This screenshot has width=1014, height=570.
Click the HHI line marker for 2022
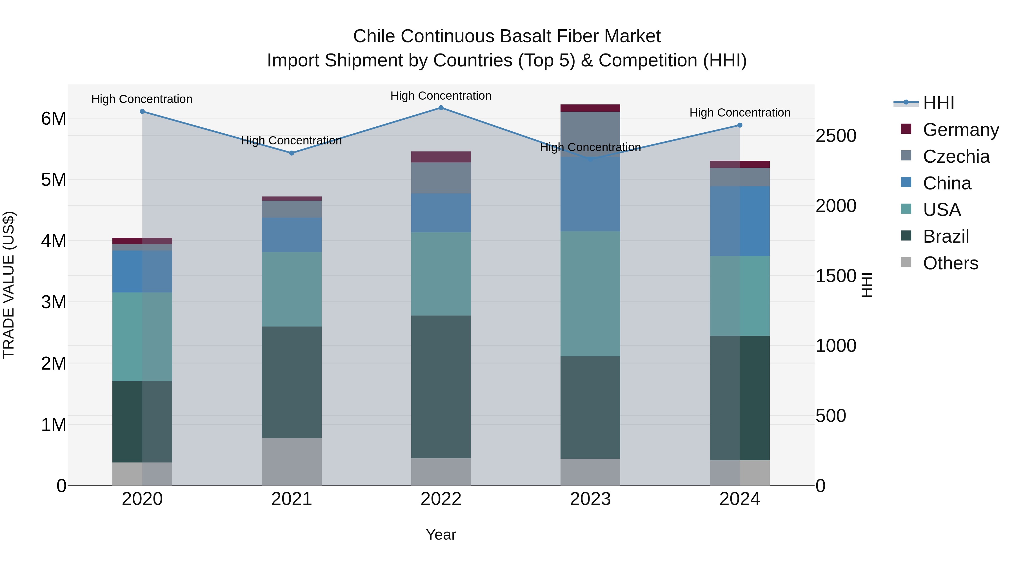point(441,108)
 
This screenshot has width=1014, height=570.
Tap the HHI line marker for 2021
point(292,153)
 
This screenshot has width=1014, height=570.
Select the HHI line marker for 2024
point(740,125)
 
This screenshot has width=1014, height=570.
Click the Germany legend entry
point(960,130)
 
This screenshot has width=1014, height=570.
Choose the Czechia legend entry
point(956,157)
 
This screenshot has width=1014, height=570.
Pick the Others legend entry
point(950,263)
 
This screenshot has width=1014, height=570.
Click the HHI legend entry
point(939,103)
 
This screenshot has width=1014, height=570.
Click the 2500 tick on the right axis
point(836,136)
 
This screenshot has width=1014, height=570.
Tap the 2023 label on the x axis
point(590,499)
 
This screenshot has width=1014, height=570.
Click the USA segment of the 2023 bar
point(590,294)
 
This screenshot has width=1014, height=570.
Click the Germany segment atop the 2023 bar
point(590,108)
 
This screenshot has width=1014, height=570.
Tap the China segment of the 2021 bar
point(292,235)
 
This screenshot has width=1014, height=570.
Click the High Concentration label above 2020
point(142,99)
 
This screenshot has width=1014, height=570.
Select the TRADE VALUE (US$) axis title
point(9,285)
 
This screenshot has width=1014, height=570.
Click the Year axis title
point(441,535)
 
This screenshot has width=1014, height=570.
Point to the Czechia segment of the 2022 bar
point(441,178)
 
